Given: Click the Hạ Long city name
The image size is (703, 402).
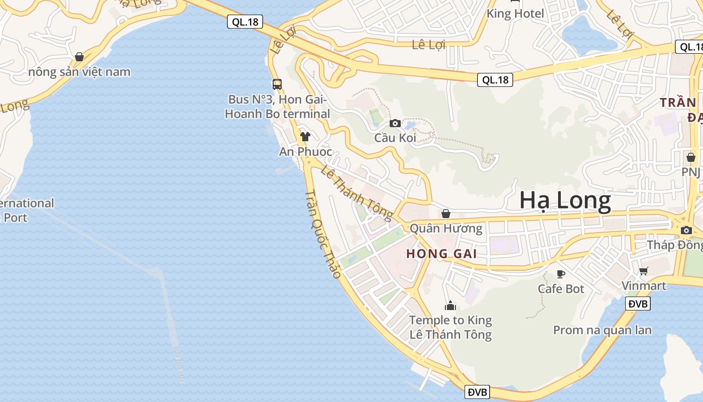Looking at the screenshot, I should click(565, 200).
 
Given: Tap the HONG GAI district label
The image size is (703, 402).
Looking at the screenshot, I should click(441, 254).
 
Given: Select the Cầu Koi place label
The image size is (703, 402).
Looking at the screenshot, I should click(395, 138).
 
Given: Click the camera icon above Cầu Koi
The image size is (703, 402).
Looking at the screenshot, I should click(395, 123).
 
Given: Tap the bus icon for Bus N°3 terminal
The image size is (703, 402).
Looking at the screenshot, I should click(277, 84).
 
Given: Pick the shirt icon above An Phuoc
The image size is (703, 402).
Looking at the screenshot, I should click(305, 136).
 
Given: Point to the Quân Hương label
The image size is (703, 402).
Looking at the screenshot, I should click(446, 229).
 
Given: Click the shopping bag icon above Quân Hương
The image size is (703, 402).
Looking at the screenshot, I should click(446, 214).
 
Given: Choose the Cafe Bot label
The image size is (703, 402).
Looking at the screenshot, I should click(561, 289).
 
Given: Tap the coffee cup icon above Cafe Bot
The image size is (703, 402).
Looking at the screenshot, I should click(561, 274).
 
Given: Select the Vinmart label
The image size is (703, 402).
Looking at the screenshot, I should click(644, 286).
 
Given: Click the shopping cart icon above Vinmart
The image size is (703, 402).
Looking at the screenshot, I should click(644, 271).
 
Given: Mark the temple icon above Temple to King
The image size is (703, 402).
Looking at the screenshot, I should click(450, 305).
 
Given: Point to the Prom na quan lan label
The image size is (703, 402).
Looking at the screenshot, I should click(602, 330).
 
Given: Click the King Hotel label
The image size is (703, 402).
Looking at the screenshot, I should click(515, 14).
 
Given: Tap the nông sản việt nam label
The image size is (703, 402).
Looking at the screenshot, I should click(79, 72).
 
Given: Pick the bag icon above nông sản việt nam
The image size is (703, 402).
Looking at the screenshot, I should click(79, 57).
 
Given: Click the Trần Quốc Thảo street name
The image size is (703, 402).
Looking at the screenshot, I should click(323, 234).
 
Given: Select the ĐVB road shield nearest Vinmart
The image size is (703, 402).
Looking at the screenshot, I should click(638, 304).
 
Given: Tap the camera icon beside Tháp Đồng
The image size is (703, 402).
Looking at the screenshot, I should click(686, 230).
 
